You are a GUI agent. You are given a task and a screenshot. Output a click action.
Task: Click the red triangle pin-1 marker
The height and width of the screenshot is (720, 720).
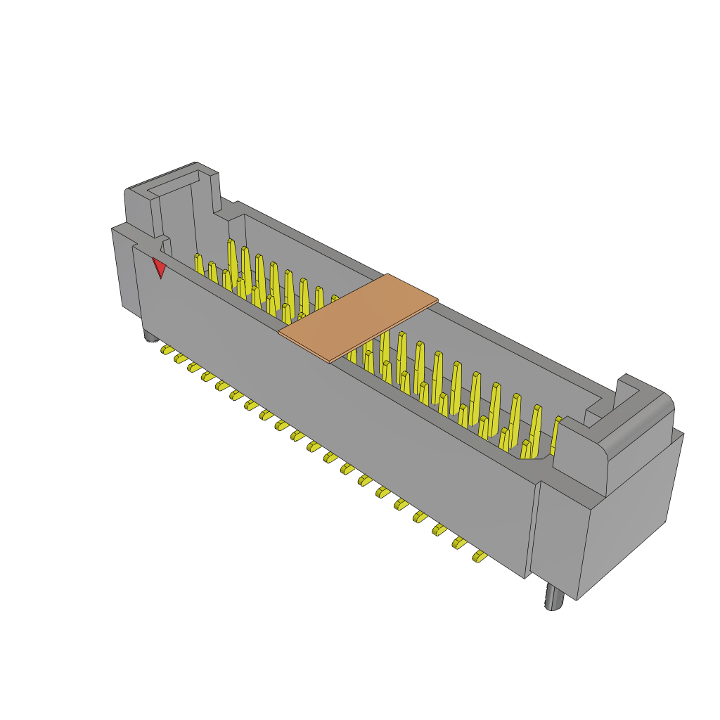(x=160, y=267)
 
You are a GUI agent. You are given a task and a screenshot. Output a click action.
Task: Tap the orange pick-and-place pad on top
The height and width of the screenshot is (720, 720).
(x=358, y=317)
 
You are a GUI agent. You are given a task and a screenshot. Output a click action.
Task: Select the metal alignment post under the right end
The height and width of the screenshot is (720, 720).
(x=554, y=598)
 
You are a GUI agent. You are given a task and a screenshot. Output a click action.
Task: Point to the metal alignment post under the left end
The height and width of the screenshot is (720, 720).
(x=150, y=335)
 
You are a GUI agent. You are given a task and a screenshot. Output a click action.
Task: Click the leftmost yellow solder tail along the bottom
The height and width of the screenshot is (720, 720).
(x=167, y=349)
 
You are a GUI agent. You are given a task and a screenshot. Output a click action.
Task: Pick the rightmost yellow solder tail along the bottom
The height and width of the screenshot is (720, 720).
(x=480, y=557)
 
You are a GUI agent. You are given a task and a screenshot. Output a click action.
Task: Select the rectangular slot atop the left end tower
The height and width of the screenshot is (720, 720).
(x=171, y=184)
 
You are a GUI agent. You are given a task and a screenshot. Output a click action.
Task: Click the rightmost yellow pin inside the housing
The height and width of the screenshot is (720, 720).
(x=556, y=434)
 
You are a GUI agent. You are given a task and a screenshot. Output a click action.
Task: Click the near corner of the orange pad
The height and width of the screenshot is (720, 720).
(x=330, y=361)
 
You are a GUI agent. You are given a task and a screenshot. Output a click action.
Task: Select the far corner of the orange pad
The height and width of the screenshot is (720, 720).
(x=387, y=275)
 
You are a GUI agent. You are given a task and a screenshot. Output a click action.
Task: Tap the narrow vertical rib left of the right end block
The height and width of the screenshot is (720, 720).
(x=533, y=527)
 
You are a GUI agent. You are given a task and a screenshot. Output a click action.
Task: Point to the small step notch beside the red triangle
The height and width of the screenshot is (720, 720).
(x=166, y=245)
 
